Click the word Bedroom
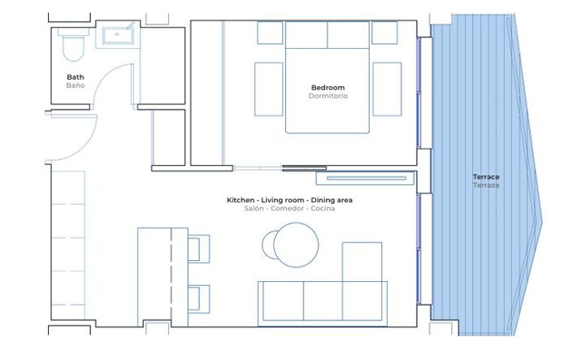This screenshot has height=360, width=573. click(328, 88)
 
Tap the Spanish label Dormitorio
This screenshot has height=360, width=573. click(328, 97)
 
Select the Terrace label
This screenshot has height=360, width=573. click(486, 177)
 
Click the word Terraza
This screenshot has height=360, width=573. click(486, 186)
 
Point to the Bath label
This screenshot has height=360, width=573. click(75, 78)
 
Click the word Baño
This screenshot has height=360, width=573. click(75, 86)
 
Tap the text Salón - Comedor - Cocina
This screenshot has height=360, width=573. click(289, 209)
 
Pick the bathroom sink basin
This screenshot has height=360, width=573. click(119, 35)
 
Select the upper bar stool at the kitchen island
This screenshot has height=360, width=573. click(198, 248)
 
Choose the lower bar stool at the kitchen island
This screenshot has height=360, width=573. click(198, 298)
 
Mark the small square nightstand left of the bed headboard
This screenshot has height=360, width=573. click(270, 33)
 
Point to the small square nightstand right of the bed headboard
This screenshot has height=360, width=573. click(384, 33)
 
